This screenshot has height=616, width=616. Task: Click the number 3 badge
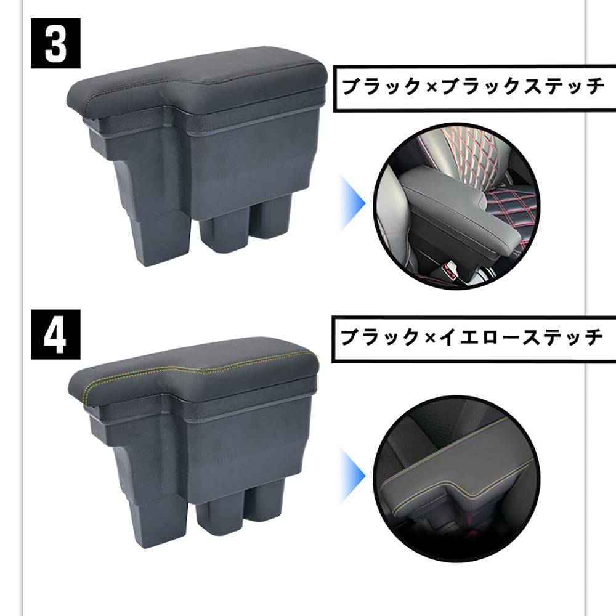pyautogui.click(x=56, y=44)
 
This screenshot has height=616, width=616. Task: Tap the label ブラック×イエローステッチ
pyautogui.click(x=472, y=338)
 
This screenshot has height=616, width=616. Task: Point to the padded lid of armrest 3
pyautogui.click(x=203, y=83)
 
